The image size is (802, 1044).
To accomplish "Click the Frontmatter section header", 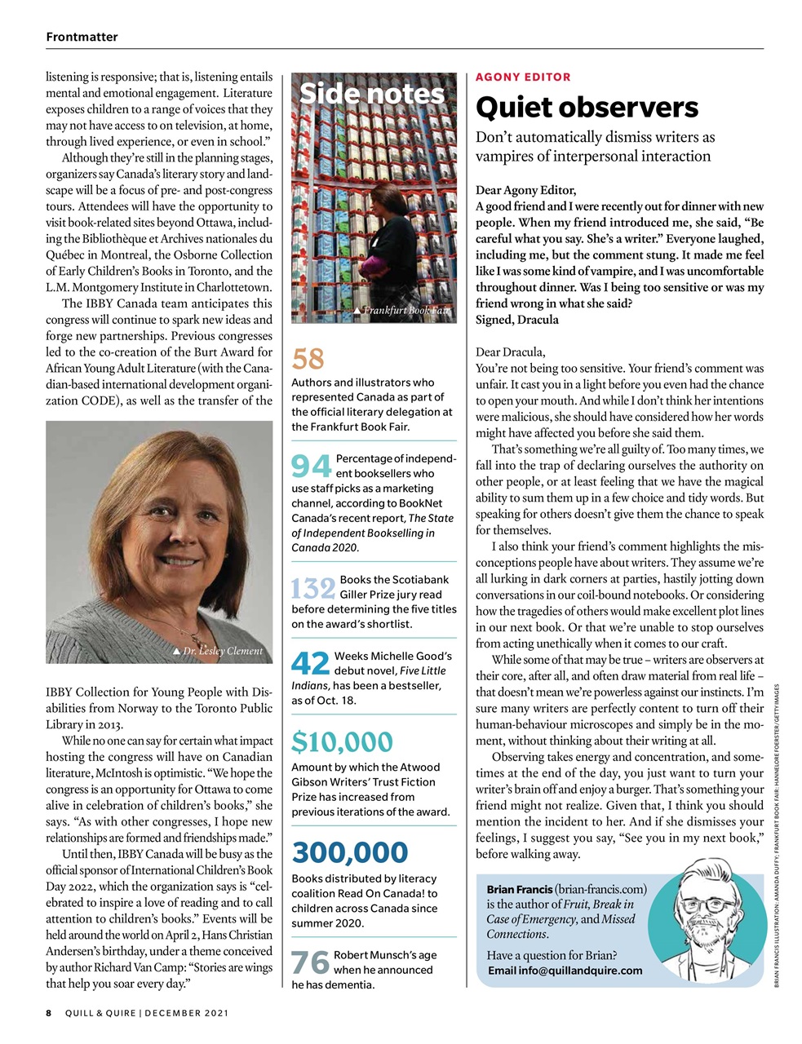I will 82,37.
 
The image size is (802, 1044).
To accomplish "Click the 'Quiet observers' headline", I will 587,108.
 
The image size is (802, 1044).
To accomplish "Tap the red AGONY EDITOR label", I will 523,77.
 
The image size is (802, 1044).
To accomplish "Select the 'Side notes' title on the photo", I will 372,94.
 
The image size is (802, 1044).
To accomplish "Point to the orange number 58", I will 308,359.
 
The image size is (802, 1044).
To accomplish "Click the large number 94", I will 311,467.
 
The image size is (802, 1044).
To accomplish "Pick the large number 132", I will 313,588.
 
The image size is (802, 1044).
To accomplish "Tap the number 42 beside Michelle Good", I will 310,663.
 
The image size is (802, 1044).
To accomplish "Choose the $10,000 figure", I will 342,742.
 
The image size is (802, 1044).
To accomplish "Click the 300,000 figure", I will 349,852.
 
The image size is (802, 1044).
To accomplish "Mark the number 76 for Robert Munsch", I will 310,963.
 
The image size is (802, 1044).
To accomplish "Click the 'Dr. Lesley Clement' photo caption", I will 218,651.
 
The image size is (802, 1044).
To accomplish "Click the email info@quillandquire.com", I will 565,971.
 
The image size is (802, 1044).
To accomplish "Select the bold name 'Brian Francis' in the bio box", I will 519,889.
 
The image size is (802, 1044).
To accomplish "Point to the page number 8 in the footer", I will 49,1013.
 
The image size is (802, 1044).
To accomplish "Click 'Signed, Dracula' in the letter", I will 517,320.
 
